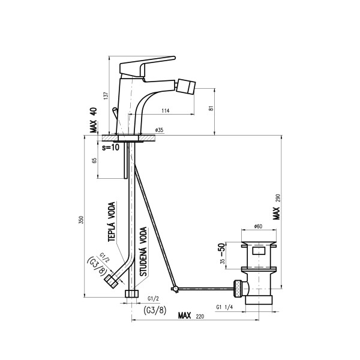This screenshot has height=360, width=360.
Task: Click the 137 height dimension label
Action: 106,95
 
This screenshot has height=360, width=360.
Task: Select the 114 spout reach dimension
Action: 166,110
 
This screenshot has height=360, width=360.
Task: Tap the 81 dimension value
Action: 211,108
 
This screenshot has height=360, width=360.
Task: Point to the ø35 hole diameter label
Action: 159,130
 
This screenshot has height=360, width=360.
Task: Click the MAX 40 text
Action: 94,120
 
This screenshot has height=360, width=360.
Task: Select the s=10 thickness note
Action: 110,148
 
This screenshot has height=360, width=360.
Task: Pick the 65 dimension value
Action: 94,160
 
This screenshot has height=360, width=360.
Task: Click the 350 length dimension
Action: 81,220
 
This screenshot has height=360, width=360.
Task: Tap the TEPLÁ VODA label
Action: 112,221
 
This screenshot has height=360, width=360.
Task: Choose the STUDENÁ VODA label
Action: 143,251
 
